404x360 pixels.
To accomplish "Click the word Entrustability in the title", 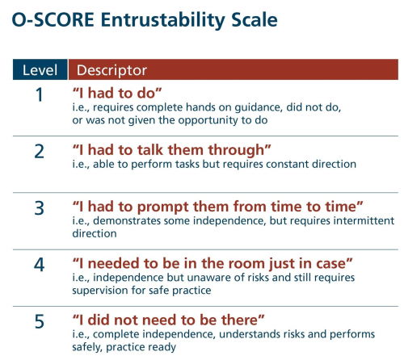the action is click(x=163, y=20).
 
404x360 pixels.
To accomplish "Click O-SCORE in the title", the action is click(x=53, y=19).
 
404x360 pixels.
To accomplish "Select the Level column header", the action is click(x=40, y=70).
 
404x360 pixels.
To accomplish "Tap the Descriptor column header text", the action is click(x=112, y=70).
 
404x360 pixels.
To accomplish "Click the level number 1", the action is click(x=40, y=94).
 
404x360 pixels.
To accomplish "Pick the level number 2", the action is click(x=40, y=151).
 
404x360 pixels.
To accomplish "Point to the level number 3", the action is click(x=40, y=208).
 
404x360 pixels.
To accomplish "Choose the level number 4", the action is click(x=39, y=265).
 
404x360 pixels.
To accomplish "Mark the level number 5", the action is click(x=40, y=321).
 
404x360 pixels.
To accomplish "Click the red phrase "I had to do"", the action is click(x=117, y=93).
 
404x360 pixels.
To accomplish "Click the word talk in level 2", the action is click(x=150, y=150).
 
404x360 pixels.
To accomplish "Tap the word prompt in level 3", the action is click(x=162, y=207).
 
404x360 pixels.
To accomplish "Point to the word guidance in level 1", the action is click(x=259, y=107).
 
